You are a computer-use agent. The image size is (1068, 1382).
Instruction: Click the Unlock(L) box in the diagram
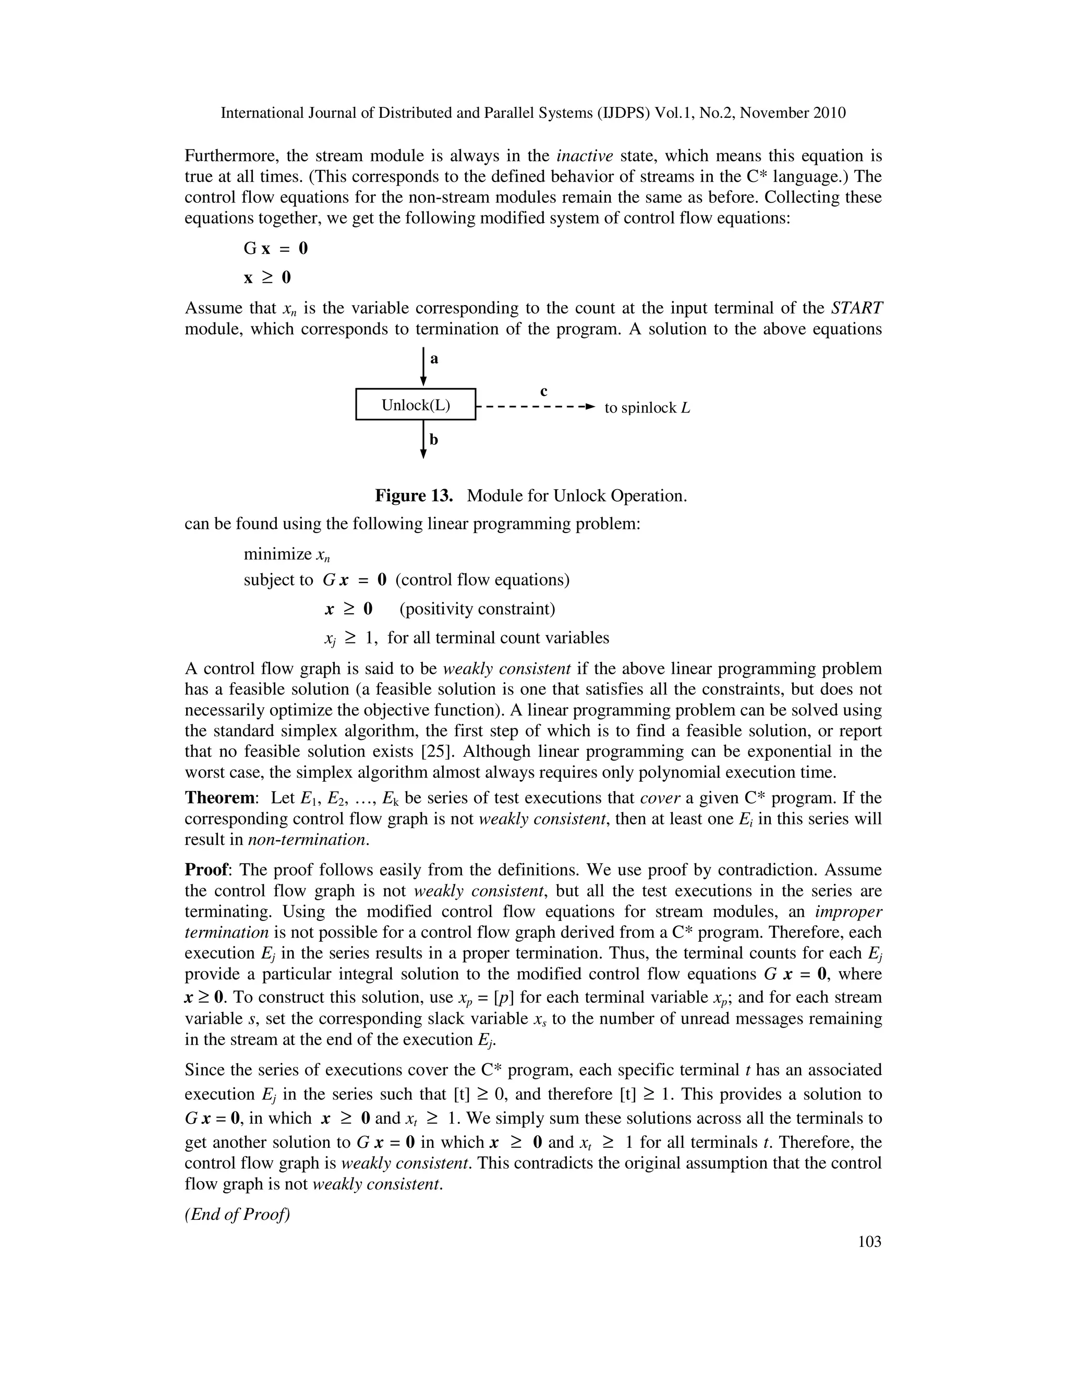click(416, 404)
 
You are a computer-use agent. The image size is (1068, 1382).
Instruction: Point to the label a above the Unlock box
click(434, 359)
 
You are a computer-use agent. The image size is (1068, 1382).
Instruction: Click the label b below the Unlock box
click(434, 439)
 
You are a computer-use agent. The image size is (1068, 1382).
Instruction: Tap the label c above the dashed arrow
click(543, 391)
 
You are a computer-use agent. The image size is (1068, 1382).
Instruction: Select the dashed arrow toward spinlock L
click(535, 406)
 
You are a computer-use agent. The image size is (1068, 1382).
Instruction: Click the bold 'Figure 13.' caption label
click(414, 495)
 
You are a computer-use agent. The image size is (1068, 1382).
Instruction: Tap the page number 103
click(869, 1242)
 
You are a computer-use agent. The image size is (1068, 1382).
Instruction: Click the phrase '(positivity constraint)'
click(477, 609)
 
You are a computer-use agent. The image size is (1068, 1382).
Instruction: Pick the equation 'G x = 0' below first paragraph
click(276, 248)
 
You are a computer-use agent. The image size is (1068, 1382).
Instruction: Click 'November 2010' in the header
click(793, 113)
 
